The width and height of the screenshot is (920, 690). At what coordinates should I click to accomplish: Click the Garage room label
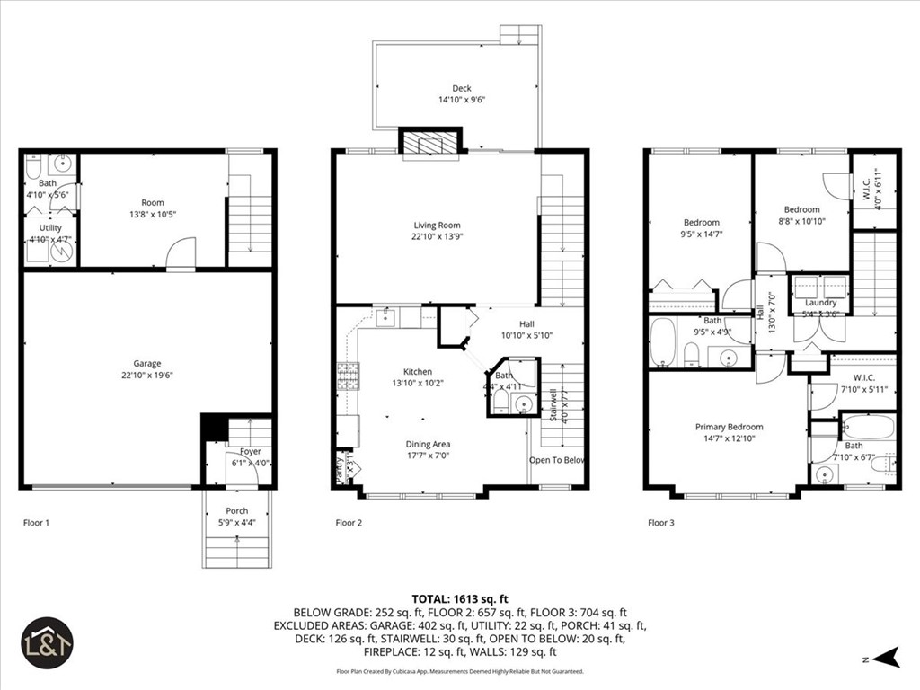147,363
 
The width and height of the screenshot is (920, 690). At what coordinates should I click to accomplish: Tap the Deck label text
461,88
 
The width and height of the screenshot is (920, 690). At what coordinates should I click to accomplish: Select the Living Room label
437,225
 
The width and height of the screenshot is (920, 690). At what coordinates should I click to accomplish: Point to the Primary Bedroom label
729,427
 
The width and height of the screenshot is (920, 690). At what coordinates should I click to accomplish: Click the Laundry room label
820,303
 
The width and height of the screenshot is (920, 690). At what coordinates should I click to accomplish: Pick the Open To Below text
557,460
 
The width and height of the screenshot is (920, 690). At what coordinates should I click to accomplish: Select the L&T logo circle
47,642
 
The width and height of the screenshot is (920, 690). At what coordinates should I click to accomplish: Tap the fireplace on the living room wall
430,142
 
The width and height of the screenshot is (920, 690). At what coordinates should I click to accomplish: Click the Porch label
237,510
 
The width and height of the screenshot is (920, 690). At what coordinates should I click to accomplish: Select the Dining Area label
428,444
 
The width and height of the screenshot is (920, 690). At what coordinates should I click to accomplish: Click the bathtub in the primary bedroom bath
867,427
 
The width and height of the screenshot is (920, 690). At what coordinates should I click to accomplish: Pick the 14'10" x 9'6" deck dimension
461,100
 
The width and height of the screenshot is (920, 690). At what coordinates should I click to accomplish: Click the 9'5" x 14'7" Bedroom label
701,223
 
